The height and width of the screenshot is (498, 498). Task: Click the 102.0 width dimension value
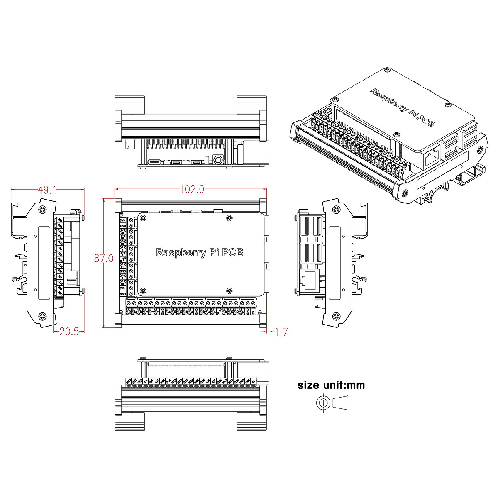[192, 189]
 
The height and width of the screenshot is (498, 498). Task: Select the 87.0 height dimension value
[104, 258]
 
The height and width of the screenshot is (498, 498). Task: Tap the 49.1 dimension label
[47, 190]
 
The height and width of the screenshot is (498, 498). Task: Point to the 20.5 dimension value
[69, 332]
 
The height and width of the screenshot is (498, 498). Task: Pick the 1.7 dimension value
[281, 332]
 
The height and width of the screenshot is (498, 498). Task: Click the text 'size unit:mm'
[331, 385]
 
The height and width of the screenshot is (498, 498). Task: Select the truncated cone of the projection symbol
[342, 402]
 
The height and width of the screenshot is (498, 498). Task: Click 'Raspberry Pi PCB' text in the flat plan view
[199, 252]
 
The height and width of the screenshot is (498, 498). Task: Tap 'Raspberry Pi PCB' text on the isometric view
[402, 107]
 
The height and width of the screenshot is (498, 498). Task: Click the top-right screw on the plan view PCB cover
[229, 218]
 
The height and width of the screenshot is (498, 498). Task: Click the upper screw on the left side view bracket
[42, 210]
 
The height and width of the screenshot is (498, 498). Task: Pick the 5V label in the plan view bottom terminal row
[253, 310]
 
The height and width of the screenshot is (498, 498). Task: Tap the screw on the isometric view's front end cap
[405, 193]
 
